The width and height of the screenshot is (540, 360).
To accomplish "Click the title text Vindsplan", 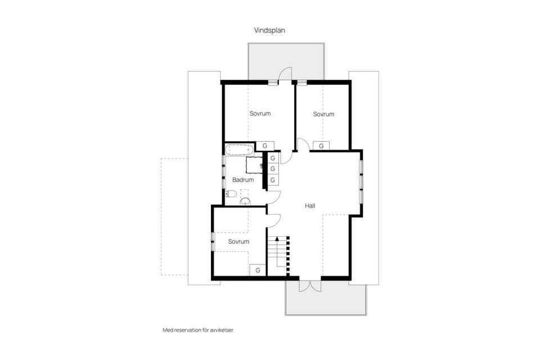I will (269, 31).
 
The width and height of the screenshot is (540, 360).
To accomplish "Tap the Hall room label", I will (310, 206).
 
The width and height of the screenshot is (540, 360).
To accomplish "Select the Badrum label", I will (243, 180).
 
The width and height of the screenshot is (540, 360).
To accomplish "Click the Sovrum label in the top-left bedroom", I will (260, 114).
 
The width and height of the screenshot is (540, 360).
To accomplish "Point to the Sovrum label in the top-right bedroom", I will (323, 114).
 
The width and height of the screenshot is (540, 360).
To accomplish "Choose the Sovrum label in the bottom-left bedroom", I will (238, 241).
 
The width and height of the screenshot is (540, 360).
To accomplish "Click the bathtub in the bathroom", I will (239, 150).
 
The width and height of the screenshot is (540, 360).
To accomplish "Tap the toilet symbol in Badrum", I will (230, 194).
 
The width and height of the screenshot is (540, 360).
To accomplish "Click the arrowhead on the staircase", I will (276, 240).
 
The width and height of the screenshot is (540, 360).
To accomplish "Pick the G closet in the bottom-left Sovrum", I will (258, 270).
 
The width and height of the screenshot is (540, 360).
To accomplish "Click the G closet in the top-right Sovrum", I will (321, 146).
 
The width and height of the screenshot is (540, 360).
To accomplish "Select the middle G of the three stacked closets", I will (273, 169).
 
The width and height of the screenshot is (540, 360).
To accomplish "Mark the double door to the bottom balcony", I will (309, 285).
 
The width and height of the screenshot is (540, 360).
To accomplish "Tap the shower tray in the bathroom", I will (254, 165).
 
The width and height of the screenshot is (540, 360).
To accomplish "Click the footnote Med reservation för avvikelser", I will (197, 330).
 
